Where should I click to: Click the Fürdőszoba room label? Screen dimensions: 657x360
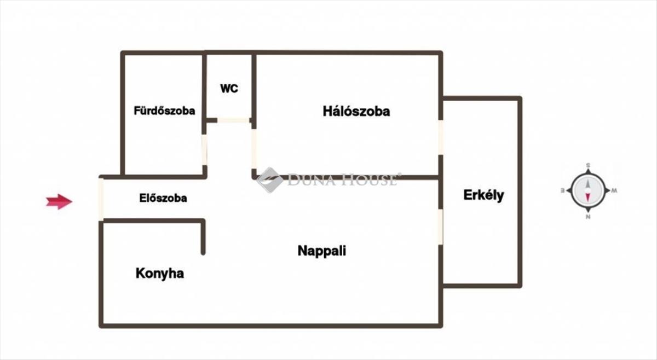(164, 111)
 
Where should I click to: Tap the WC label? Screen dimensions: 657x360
(229, 89)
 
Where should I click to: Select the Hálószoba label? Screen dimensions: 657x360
(356, 112)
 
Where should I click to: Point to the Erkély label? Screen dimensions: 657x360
(483, 195)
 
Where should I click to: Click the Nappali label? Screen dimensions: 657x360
(322, 251)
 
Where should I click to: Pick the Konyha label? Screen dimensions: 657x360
(160, 274)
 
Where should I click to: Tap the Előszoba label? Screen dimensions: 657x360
(163, 198)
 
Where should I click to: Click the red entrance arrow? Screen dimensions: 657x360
(59, 201)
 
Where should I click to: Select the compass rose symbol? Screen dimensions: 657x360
(588, 191)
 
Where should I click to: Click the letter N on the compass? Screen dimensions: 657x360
(588, 217)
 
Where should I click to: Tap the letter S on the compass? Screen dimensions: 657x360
(588, 165)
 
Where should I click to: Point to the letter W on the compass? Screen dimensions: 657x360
(614, 191)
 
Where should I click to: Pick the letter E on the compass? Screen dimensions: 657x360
(563, 191)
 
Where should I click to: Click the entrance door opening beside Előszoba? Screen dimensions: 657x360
(101, 199)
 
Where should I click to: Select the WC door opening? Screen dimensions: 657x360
(233, 120)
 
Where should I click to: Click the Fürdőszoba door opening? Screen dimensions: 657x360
(204, 150)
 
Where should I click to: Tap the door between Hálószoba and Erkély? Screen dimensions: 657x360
(441, 137)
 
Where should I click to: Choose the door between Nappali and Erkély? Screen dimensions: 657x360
(441, 227)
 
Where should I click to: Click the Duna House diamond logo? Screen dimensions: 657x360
(270, 180)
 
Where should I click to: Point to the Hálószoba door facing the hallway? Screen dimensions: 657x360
(254, 149)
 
